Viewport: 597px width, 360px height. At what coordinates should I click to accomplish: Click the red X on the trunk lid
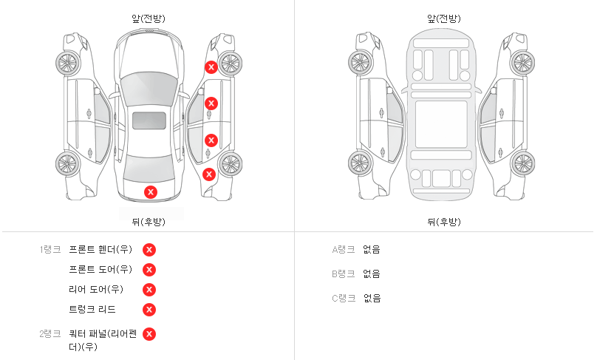click(151, 192)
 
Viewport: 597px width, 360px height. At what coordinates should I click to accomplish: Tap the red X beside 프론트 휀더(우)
click(149, 250)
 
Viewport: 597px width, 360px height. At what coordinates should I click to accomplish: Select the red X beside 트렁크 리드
click(149, 310)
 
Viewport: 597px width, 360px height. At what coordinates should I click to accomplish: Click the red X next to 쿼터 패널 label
click(149, 334)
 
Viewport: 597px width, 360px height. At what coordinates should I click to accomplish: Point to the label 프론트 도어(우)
click(100, 270)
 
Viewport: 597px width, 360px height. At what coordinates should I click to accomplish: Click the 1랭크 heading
click(50, 250)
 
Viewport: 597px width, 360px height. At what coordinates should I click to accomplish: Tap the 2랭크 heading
click(50, 334)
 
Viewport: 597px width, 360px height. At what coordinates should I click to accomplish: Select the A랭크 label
click(343, 250)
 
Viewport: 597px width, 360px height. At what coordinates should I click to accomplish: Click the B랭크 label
click(343, 274)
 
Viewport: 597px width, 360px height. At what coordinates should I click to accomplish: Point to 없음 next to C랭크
click(372, 299)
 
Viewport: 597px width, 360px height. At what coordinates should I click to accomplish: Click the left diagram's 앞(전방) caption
click(148, 19)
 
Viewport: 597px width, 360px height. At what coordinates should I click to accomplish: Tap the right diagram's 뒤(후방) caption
click(443, 222)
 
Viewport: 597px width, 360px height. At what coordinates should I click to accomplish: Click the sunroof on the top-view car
click(149, 120)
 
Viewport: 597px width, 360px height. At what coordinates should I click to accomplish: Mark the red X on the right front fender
click(211, 67)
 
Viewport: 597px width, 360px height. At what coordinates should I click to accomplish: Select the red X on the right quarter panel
click(208, 174)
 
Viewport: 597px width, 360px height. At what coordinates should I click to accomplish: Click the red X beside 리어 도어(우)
click(149, 290)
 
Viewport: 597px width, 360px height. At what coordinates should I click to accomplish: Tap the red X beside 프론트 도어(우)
click(149, 270)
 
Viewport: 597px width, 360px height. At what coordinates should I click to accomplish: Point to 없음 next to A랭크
click(372, 250)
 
